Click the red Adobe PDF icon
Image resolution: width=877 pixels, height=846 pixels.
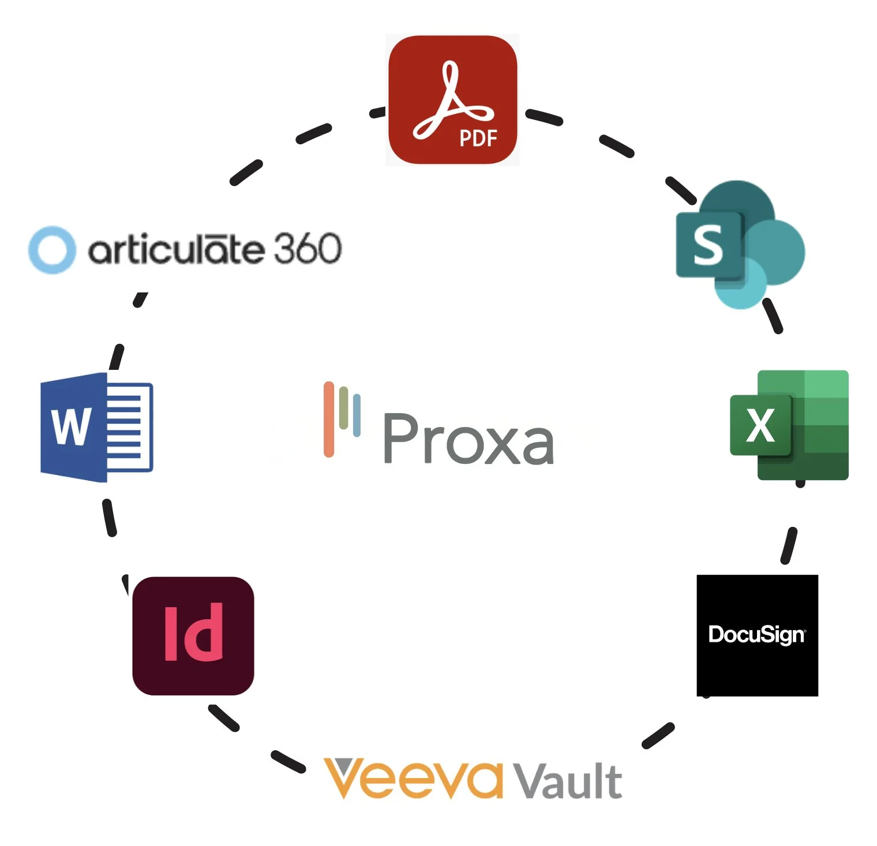pyautogui.click(x=452, y=99)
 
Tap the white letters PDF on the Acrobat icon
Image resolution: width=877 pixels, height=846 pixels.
pyautogui.click(x=478, y=138)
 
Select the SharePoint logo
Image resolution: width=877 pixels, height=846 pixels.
pyautogui.click(x=741, y=245)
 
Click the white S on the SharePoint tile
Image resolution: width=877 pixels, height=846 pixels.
pyautogui.click(x=707, y=245)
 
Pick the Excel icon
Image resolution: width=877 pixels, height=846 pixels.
pyautogui.click(x=789, y=425)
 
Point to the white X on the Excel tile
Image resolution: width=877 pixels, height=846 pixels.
pyautogui.click(x=760, y=425)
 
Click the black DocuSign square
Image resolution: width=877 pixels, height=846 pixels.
pyautogui.click(x=757, y=635)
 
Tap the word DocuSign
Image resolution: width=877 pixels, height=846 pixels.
pyautogui.click(x=756, y=634)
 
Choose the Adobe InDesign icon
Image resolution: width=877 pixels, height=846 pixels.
pyautogui.click(x=193, y=635)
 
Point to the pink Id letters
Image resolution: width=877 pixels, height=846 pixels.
pyautogui.click(x=193, y=633)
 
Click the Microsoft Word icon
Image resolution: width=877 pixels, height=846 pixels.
pyautogui.click(x=96, y=427)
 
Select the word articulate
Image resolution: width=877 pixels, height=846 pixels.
pyautogui.click(x=176, y=249)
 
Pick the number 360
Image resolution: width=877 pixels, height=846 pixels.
pyautogui.click(x=307, y=249)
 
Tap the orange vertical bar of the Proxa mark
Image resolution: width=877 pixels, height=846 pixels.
pyautogui.click(x=329, y=419)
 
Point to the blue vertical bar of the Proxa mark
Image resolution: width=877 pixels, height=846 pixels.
pyautogui.click(x=357, y=414)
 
